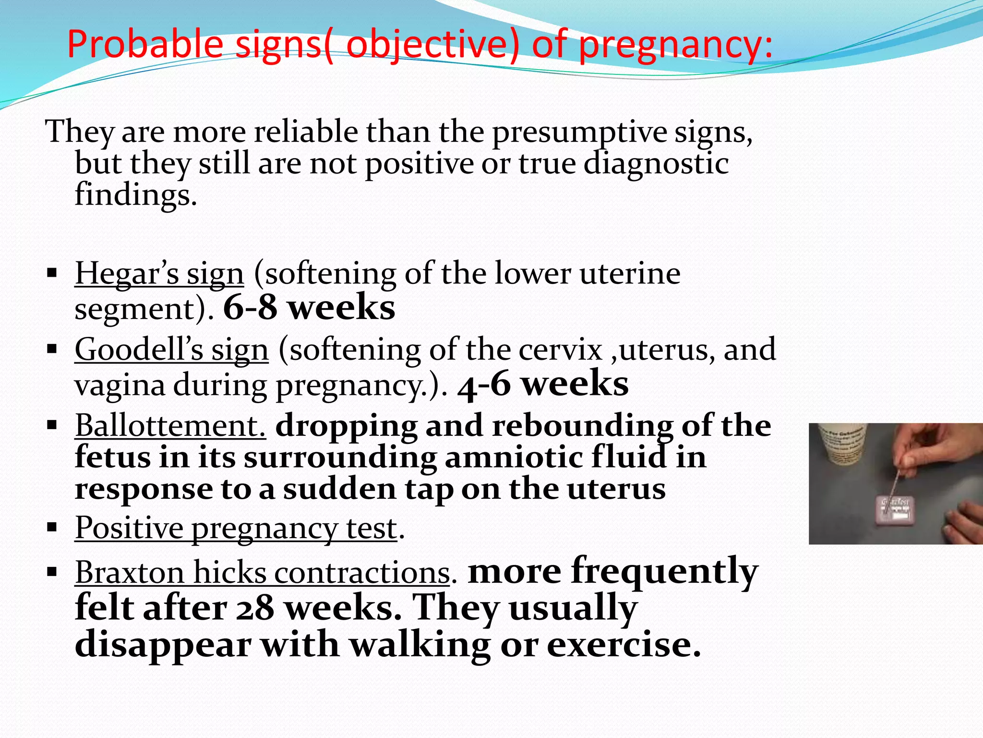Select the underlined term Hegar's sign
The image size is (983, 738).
point(159,274)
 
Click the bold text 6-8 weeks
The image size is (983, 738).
point(309,308)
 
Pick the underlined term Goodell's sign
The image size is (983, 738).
point(171,350)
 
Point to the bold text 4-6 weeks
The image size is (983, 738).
point(543,385)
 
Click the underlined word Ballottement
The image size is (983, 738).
point(170,426)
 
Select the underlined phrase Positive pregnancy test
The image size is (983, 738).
point(236,529)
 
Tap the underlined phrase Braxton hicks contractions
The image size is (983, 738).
point(262,573)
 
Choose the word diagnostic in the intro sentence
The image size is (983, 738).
point(656,164)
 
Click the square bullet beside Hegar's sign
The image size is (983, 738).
point(52,274)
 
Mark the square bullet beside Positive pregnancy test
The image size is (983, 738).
point(52,528)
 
